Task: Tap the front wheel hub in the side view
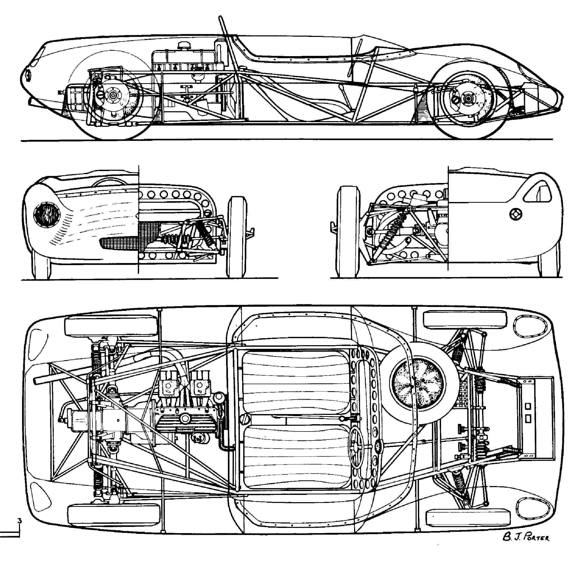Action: (112, 95)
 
